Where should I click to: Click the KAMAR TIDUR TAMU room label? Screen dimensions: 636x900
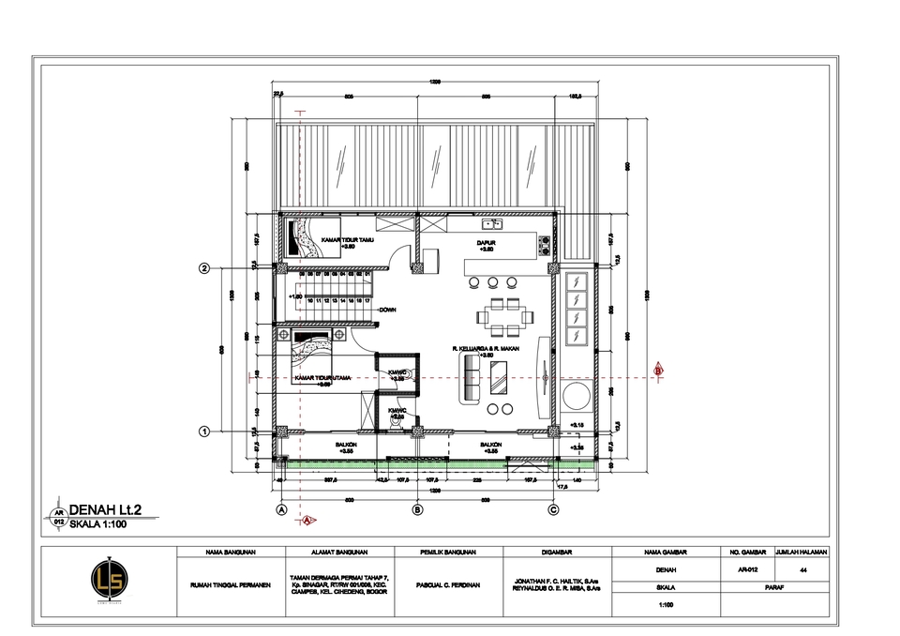(344, 241)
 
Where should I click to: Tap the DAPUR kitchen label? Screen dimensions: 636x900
(486, 242)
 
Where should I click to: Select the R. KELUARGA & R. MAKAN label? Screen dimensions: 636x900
(485, 348)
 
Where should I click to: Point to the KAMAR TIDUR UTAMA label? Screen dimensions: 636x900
(322, 378)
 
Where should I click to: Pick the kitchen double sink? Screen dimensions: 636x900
(492, 224)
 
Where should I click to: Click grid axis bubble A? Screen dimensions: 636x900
(280, 509)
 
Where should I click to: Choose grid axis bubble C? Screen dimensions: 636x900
(554, 509)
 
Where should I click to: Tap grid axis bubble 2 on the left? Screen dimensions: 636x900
(204, 269)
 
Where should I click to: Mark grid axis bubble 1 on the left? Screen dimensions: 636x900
(204, 432)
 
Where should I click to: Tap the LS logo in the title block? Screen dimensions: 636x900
(108, 577)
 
